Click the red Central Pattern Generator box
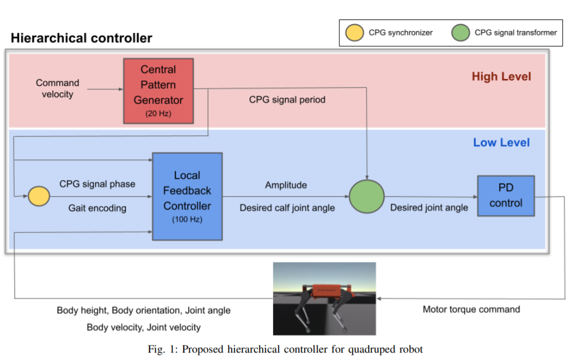pos(158,91)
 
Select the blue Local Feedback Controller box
pos(187,196)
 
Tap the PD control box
pos(506,196)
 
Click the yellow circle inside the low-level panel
pos(39,196)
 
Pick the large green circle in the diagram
pos(367,197)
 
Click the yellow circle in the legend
pos(354,33)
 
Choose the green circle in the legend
pos(461,33)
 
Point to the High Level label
pos(501,76)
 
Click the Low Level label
pos(501,142)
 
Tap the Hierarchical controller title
pos(81,38)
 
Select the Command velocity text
pos(58,89)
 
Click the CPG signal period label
pos(287,100)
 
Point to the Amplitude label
pos(286,185)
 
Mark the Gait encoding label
pos(97,208)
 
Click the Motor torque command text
pos(471,309)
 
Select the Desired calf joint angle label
pos(287,208)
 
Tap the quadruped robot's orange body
pos(326,291)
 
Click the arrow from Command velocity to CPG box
pos(105,89)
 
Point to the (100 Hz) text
pos(187,219)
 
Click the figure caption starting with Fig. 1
pos(285,349)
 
